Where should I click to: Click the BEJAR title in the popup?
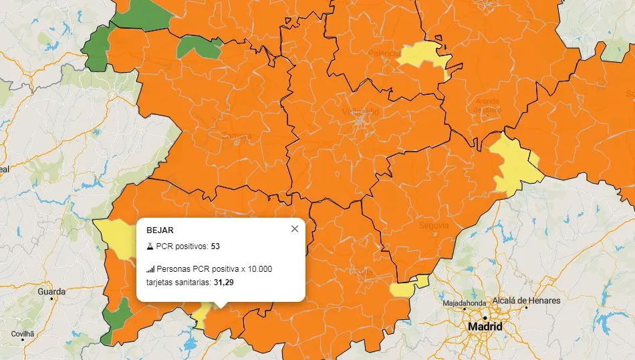160,230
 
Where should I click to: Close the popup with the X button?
295,229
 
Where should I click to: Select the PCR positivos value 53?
215,246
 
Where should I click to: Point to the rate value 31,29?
224,283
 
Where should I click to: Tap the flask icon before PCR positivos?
150,246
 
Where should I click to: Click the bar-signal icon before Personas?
150,269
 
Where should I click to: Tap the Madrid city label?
485,327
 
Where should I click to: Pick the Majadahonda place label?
465,304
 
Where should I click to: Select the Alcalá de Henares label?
526,301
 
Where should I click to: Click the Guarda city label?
51,292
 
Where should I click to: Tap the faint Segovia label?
434,226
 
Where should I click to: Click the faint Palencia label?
384,53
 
